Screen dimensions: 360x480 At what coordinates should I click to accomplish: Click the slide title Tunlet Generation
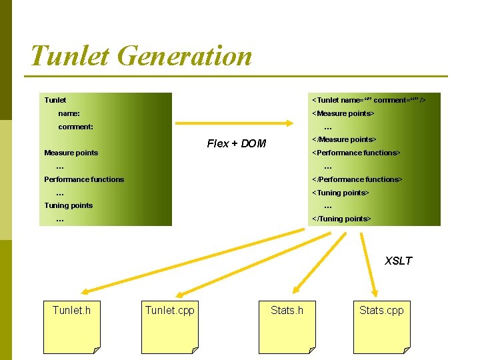coord(141,55)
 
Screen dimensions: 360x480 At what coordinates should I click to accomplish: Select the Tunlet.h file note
coord(71,326)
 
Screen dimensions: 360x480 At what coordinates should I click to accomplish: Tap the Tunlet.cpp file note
coord(169,326)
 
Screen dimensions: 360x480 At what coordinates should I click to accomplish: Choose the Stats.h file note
coord(287,326)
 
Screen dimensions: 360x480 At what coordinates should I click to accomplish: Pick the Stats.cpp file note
coord(381,326)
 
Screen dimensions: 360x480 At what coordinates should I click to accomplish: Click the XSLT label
coord(398,261)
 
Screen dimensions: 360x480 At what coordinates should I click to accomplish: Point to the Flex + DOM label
coord(236,143)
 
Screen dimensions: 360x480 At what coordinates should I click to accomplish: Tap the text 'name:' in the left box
coord(69,113)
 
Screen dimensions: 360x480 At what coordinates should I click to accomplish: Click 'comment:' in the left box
coord(75,127)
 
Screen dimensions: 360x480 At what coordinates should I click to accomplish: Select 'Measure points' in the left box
coord(71,153)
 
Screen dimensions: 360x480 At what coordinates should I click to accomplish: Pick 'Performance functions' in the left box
coord(84,179)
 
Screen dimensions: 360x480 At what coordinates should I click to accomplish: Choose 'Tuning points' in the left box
coord(68,205)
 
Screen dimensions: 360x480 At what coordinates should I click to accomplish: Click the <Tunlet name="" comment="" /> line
coord(369,100)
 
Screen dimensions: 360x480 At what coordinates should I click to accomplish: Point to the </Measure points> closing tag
coord(344,139)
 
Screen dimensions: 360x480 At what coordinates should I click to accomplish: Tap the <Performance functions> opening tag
coord(356,153)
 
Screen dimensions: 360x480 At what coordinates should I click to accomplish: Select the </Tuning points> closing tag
coord(341,219)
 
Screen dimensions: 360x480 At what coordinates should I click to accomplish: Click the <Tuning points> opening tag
coord(340,193)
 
